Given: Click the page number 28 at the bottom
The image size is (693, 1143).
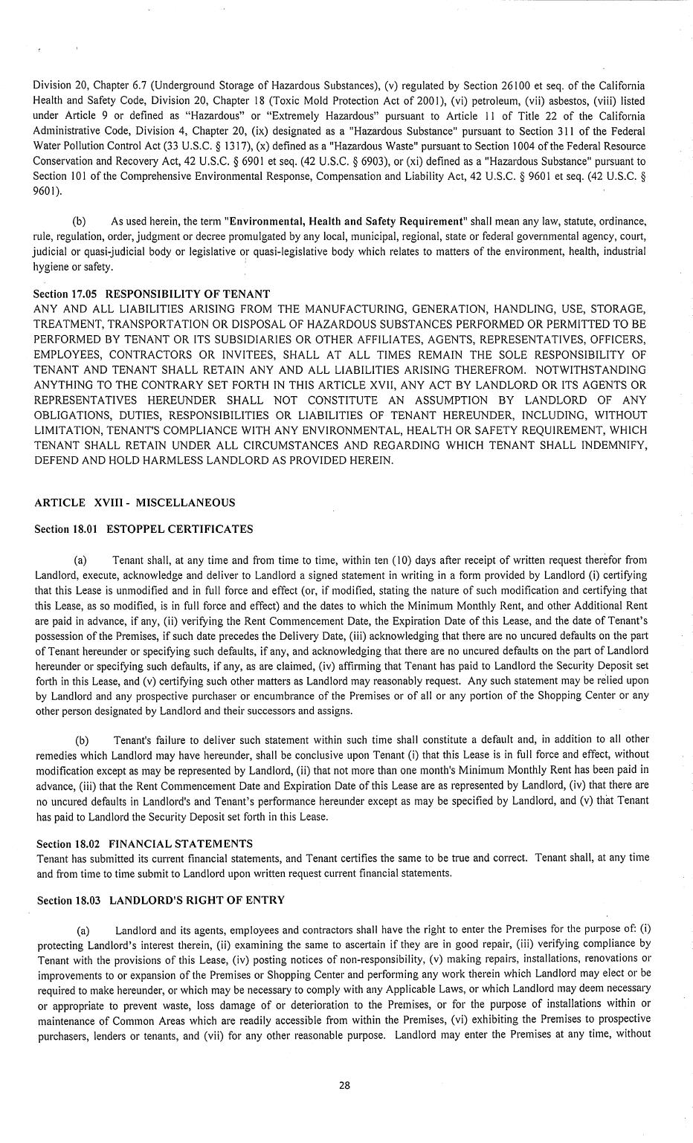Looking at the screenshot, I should point(344,1084).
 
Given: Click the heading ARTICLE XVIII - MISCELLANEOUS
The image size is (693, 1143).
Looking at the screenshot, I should point(135,502).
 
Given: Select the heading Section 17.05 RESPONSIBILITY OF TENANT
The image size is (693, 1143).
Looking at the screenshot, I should point(152,294).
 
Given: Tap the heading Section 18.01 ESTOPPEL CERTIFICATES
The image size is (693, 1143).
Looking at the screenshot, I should point(144,529).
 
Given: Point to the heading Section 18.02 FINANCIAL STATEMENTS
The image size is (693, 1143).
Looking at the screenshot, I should point(144,844).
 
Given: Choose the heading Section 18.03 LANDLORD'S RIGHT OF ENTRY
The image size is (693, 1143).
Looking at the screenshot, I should point(161,900).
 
